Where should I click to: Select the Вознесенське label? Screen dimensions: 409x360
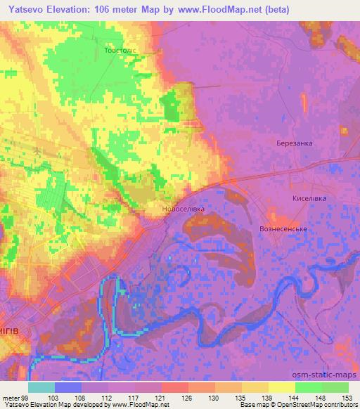coord(285,229)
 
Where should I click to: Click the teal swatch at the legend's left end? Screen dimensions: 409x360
coord(41,387)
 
